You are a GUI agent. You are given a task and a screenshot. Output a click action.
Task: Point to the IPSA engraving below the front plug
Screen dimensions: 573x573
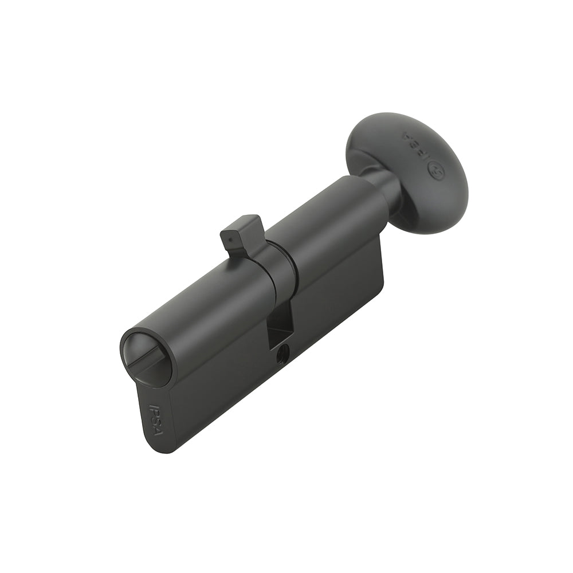(x=155, y=420)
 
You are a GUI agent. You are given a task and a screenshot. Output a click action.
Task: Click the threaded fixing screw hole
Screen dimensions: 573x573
(x=282, y=356)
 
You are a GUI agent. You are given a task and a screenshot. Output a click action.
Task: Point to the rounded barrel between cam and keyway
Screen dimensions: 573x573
(x=206, y=298)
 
